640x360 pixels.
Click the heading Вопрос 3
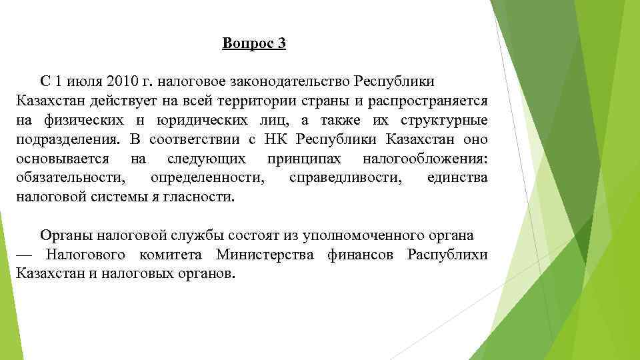coord(254,45)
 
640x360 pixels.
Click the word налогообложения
coord(425,159)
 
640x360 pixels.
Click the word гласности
coord(203,198)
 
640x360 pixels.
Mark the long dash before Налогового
coord(24,255)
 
